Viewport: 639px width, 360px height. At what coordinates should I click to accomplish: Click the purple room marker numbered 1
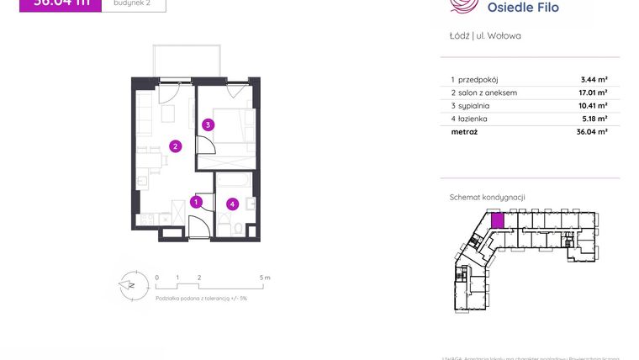tap(195, 202)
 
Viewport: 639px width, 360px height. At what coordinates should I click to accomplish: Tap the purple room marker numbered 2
tap(175, 146)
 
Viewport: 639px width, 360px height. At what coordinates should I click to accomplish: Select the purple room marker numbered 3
tap(208, 125)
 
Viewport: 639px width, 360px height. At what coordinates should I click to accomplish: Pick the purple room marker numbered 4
tap(233, 204)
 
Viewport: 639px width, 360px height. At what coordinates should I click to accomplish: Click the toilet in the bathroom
tap(239, 227)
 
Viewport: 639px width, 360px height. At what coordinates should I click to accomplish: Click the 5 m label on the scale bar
tap(265, 277)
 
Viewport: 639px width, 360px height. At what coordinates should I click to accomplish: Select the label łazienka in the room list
tap(473, 119)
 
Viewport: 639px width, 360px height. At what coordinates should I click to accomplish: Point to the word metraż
tap(464, 132)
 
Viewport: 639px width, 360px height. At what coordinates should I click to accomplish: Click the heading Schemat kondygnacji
tap(487, 197)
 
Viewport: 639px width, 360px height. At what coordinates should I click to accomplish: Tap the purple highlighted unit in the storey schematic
tap(497, 221)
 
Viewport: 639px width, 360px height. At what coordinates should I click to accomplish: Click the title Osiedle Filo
tap(522, 8)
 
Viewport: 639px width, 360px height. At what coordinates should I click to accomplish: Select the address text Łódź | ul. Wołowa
tap(478, 36)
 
